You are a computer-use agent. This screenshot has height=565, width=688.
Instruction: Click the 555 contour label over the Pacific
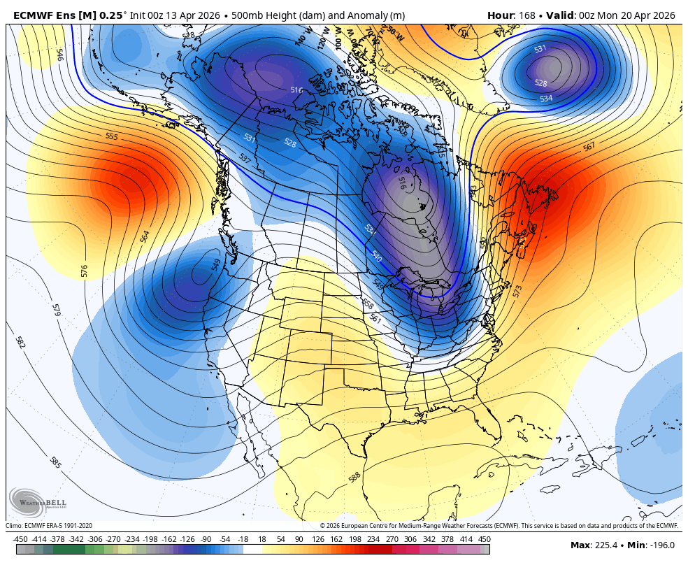coord(112,136)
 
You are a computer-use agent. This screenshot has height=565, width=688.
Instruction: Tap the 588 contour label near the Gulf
coord(354,478)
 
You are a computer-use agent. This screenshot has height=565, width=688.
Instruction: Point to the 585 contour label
coord(55,462)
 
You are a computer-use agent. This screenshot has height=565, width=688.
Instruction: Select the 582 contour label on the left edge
coord(20,343)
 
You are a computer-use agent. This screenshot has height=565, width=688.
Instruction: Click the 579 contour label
coord(56,310)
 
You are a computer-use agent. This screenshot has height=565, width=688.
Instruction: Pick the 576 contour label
coord(85,271)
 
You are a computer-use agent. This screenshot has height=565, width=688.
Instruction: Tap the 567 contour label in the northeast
coord(589,147)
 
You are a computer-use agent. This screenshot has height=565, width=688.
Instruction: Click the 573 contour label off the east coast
coord(517,291)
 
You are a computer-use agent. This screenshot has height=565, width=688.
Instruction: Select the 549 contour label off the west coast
coord(216,264)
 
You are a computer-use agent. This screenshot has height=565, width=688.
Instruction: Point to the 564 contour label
coord(145,236)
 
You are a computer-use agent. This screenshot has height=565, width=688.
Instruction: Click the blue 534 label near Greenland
coord(546,99)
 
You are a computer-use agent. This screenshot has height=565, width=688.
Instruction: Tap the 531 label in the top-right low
coord(540,49)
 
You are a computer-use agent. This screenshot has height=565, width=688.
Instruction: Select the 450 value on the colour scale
coord(485,539)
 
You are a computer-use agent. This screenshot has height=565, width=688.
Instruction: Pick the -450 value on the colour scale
coord(20,539)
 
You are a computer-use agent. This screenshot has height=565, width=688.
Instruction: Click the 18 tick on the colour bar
coord(262,539)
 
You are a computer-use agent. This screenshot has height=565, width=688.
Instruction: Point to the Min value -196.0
coord(661,545)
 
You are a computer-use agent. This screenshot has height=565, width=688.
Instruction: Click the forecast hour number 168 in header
coord(524,15)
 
